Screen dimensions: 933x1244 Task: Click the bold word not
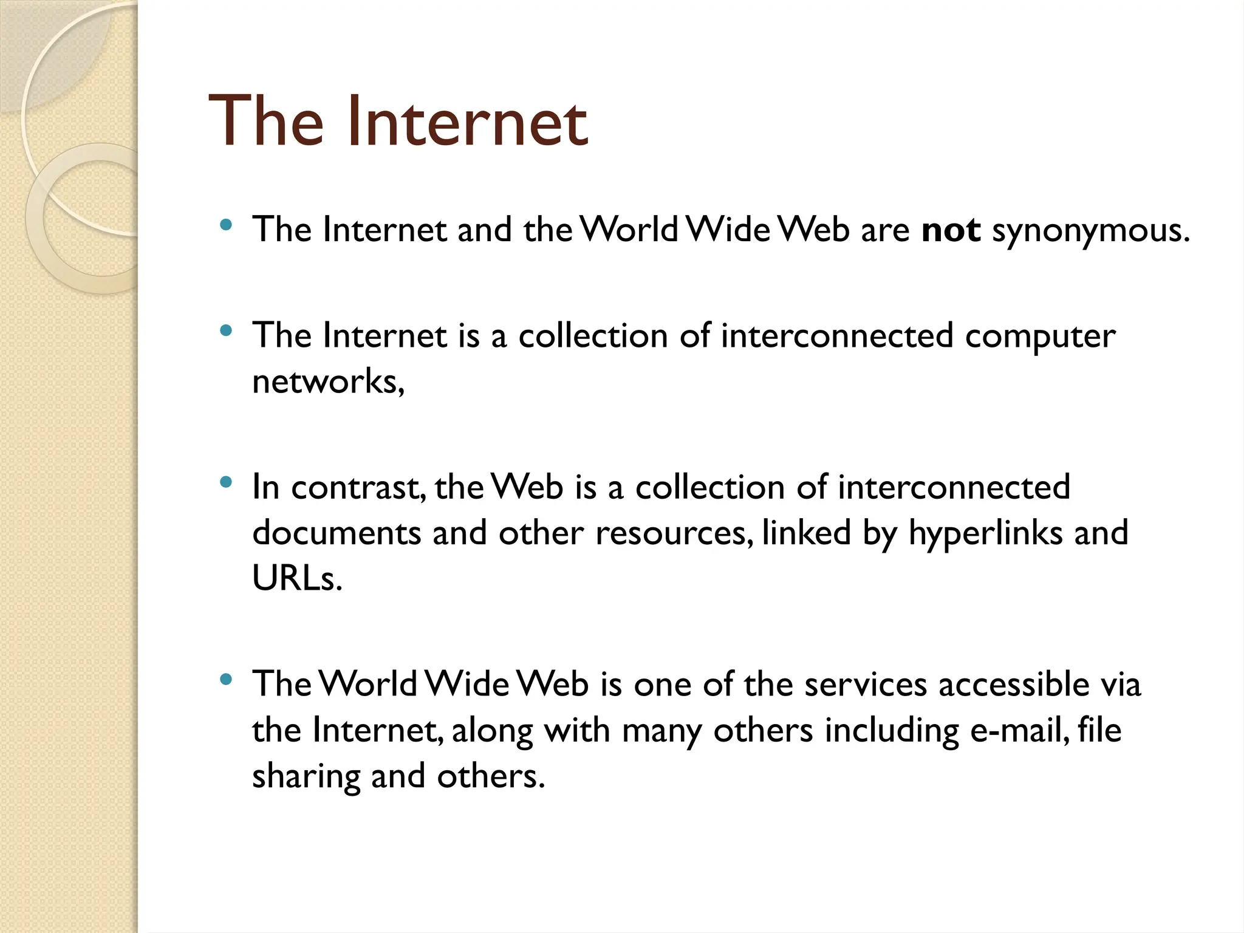[x=951, y=230]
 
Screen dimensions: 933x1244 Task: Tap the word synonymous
[x=1090, y=231]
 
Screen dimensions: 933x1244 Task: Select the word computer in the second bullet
[x=1040, y=337]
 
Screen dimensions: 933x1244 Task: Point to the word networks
[x=327, y=382]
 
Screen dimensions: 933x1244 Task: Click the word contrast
[x=358, y=488]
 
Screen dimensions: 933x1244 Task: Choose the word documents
[x=337, y=533]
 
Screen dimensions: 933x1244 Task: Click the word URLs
[x=296, y=578]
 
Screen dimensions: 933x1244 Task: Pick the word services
[x=866, y=685]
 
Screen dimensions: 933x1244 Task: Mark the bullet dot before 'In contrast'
[x=226, y=483]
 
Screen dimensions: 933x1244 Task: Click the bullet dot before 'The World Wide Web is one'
[x=226, y=680]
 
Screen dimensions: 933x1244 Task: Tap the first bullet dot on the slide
[x=226, y=225]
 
